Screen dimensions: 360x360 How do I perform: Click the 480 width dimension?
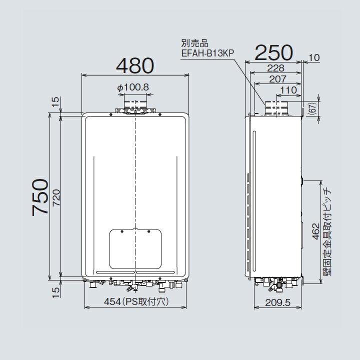pos(135,66)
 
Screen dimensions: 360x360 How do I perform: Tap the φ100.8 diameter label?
pos(133,87)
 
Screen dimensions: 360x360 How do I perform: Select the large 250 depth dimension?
pos(273,51)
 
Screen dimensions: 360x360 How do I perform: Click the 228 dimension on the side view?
pos(276,68)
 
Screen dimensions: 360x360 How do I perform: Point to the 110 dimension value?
pos(289,90)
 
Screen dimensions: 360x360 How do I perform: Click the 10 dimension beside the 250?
pos(314,58)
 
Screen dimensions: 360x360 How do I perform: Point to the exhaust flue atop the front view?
pos(135,106)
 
